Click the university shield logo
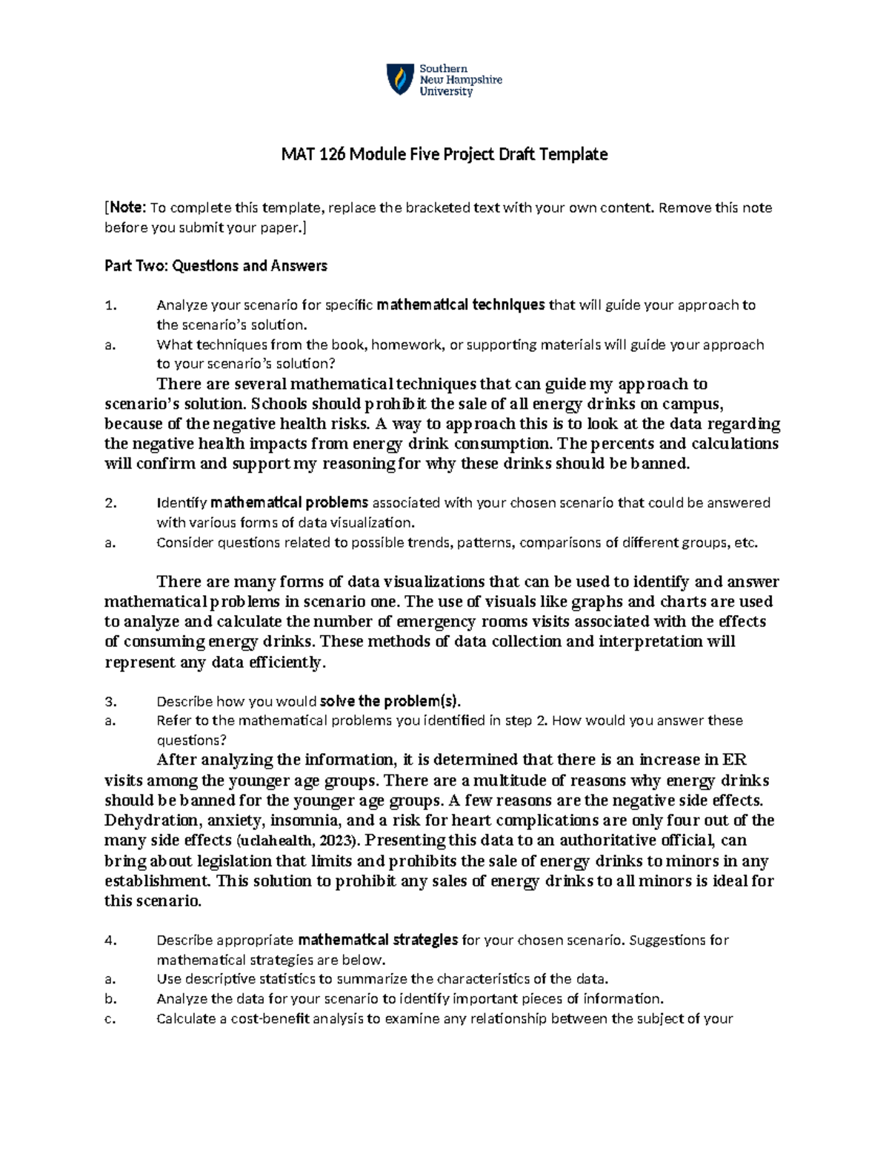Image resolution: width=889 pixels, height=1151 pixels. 400,79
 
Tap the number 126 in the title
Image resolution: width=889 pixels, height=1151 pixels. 332,154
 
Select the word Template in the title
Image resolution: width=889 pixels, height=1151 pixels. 573,154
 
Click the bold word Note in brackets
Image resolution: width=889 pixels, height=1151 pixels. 127,208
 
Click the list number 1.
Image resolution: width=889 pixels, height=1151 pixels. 111,305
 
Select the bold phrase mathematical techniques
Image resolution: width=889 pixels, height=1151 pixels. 461,305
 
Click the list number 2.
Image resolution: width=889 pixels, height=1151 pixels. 111,503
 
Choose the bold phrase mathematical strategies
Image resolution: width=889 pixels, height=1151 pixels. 378,941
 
